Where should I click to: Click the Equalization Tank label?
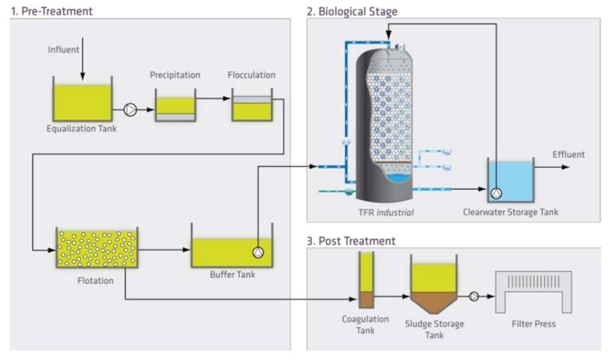(x=82, y=128)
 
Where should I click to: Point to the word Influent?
(x=63, y=49)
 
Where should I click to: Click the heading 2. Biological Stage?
(x=351, y=11)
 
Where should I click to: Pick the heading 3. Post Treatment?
(x=351, y=241)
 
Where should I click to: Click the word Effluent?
(x=568, y=154)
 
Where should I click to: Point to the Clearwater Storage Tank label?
(x=510, y=211)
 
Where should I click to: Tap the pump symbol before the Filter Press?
(x=473, y=297)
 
